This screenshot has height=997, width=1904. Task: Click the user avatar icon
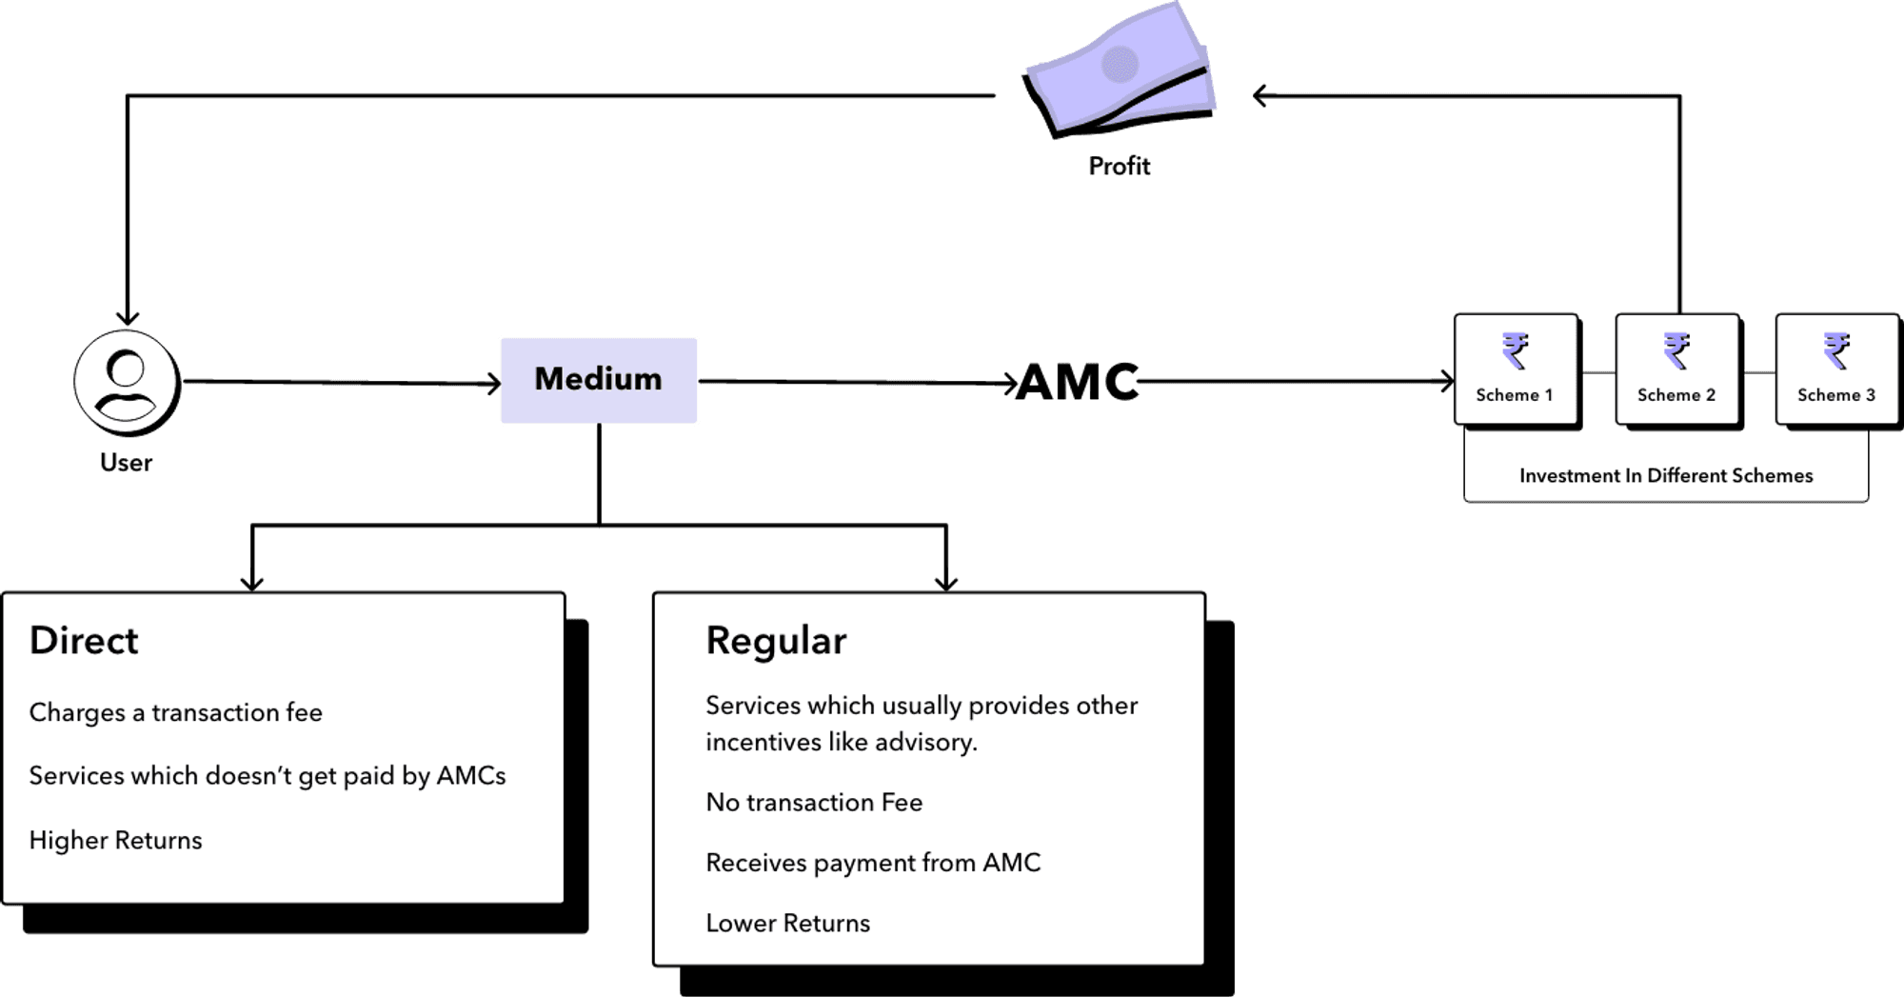pyautogui.click(x=126, y=382)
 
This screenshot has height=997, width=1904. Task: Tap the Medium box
pyautogui.click(x=599, y=380)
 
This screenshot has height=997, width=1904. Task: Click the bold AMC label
pyautogui.click(x=1078, y=382)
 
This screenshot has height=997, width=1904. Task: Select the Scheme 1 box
pyautogui.click(x=1516, y=369)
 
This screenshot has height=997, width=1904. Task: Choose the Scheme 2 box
pyautogui.click(x=1676, y=369)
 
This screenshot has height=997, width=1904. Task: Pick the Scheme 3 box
pyautogui.click(x=1836, y=369)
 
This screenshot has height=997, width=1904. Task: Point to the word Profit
pyautogui.click(x=1120, y=167)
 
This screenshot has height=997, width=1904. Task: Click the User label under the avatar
pyautogui.click(x=127, y=463)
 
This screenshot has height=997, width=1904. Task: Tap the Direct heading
pyautogui.click(x=84, y=641)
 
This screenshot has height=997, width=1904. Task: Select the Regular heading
pyautogui.click(x=776, y=641)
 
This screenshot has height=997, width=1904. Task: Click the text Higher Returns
pyautogui.click(x=116, y=840)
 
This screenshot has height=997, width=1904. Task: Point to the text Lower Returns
pyautogui.click(x=788, y=923)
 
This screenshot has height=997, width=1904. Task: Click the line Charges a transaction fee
pyautogui.click(x=176, y=712)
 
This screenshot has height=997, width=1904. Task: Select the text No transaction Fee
pyautogui.click(x=814, y=803)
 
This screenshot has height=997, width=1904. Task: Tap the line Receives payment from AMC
pyautogui.click(x=873, y=863)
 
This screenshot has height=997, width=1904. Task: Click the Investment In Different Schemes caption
pyautogui.click(x=1666, y=475)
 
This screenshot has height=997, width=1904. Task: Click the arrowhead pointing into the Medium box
pyautogui.click(x=492, y=384)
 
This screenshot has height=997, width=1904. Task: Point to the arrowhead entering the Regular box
pyautogui.click(x=945, y=582)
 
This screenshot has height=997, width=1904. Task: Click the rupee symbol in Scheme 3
pyautogui.click(x=1836, y=350)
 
